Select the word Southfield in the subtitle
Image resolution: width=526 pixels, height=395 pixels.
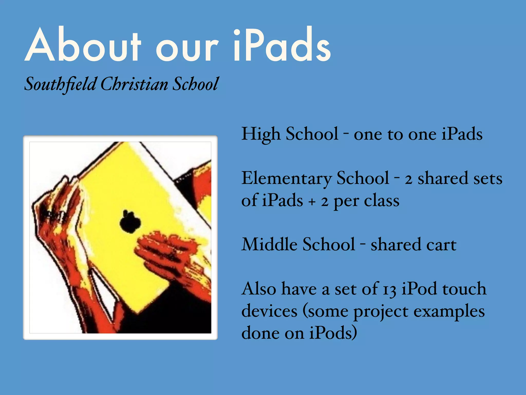coord(60,84)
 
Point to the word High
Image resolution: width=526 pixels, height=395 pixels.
coord(261,134)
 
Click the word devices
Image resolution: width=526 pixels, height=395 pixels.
coord(269,311)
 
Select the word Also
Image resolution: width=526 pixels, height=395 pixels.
coord(259,289)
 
